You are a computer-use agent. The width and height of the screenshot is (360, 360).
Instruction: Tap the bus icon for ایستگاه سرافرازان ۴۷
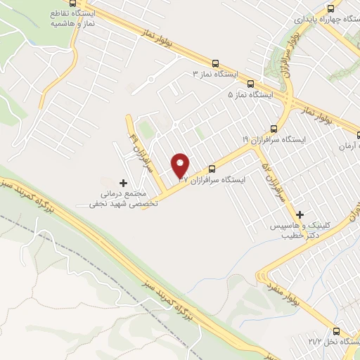212,168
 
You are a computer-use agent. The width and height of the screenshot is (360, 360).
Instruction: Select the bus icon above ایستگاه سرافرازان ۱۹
274,129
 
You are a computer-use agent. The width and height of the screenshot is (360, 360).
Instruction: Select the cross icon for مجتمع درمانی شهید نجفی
124,183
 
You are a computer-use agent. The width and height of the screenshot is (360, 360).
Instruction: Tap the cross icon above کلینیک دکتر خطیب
300,214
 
